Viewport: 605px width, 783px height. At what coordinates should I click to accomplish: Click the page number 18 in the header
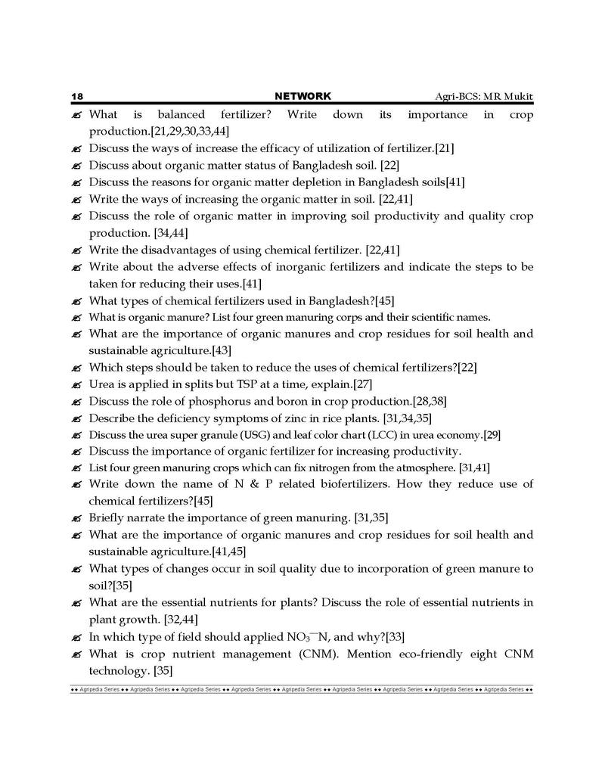tap(76, 97)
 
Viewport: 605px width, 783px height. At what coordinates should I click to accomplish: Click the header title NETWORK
tap(302, 96)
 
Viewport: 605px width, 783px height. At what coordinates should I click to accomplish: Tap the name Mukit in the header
tap(517, 97)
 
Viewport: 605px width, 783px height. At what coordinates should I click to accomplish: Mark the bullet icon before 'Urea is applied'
tap(76, 384)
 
